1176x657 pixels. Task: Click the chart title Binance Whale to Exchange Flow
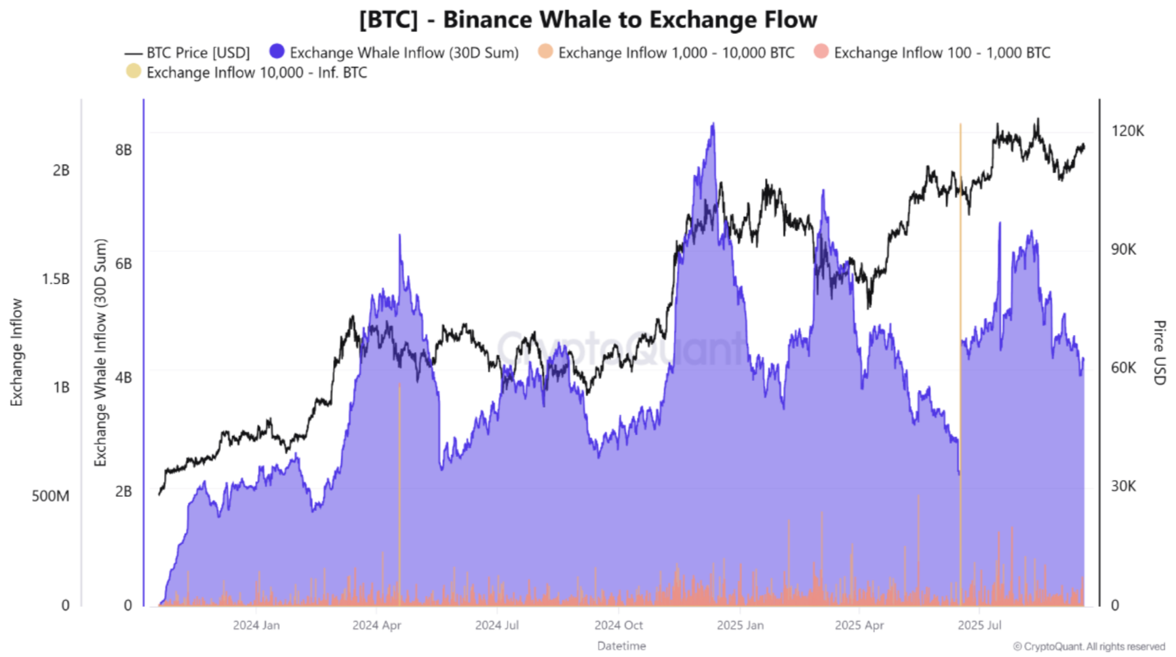point(588,20)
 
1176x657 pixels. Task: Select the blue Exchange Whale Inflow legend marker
point(277,51)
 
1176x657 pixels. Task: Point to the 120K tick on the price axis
point(1127,130)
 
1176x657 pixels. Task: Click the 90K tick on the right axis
point(1124,249)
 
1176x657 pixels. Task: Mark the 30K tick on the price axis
point(1124,486)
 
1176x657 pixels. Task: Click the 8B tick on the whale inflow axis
point(123,150)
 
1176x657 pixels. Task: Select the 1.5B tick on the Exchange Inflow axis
point(56,279)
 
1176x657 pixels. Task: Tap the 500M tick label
point(50,496)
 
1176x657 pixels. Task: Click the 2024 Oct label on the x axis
point(618,626)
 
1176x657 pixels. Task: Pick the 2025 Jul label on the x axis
point(979,626)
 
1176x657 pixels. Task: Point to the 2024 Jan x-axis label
point(256,626)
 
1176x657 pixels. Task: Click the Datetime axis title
point(621,646)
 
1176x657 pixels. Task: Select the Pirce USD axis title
point(1159,353)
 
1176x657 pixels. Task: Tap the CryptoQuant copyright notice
point(1089,647)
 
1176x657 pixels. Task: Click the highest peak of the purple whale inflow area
point(713,124)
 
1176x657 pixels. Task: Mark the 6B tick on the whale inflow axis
point(123,264)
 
